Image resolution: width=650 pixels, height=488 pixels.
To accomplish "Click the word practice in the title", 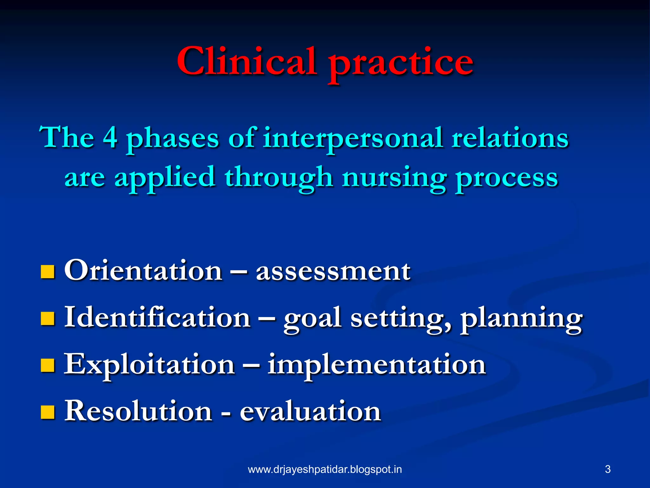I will (x=401, y=64).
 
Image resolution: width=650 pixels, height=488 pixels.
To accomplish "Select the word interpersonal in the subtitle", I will (x=352, y=139).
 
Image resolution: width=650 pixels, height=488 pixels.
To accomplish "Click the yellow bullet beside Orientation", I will (x=48, y=272).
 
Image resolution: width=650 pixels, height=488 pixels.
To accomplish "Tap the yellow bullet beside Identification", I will (x=48, y=318).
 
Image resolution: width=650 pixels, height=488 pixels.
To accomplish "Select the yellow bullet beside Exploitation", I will (x=48, y=365).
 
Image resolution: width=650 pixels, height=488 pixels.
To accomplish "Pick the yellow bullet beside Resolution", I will (x=48, y=412).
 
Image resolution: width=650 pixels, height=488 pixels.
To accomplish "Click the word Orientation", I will (x=143, y=270).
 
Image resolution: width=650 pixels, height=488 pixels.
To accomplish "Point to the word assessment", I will (x=333, y=272).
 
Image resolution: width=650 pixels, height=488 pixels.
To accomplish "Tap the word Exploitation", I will (x=149, y=365).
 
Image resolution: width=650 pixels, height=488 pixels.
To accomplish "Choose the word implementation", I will (x=376, y=365).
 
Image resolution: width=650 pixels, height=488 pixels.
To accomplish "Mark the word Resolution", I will (x=138, y=410).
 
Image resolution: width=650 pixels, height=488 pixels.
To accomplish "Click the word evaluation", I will (x=310, y=411).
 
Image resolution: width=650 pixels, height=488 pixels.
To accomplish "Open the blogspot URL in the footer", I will (x=325, y=469).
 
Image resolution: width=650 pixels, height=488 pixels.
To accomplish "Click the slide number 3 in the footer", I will (x=607, y=469).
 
